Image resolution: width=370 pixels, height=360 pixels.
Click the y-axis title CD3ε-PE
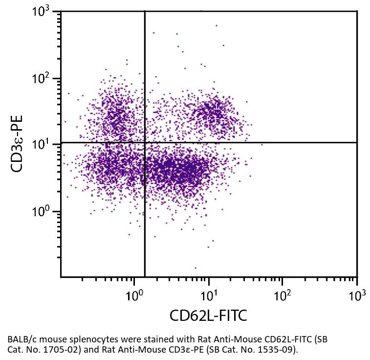19,143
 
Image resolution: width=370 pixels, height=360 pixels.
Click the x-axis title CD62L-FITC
208,315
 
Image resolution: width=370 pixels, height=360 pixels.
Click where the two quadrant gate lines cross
145,142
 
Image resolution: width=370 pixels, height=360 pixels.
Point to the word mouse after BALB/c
49,339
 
